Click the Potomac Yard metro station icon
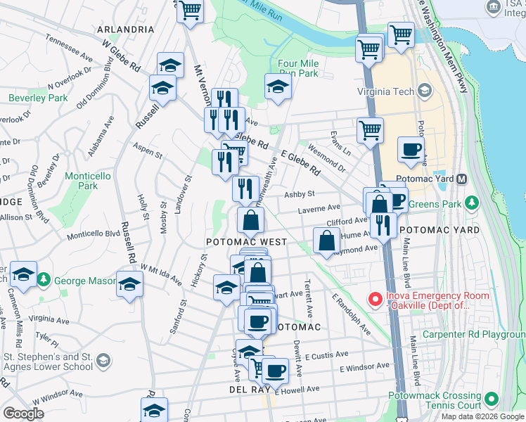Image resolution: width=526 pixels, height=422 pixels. [462, 179]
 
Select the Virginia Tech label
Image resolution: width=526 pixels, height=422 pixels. [387, 91]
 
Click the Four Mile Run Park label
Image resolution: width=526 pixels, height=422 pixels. [298, 68]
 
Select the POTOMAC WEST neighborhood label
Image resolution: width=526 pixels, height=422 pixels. [246, 241]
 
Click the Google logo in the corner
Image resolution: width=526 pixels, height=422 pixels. [23, 413]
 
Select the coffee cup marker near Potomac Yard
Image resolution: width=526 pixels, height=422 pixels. [411, 148]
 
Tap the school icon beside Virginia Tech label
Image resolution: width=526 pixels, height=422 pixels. [425, 91]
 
